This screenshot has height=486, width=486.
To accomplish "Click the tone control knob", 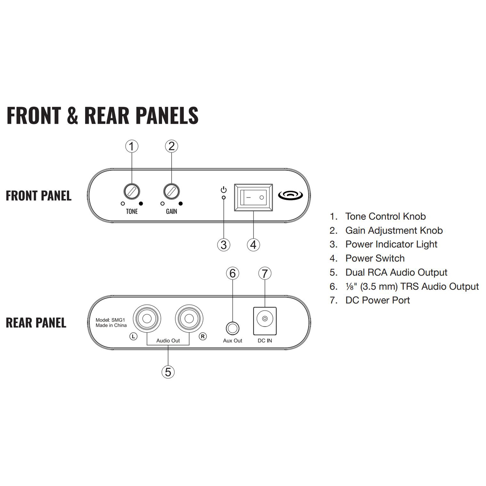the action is (x=132, y=191).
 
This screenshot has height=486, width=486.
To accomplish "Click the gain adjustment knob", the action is (x=172, y=191).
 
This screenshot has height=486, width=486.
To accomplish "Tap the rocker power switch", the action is (x=254, y=197).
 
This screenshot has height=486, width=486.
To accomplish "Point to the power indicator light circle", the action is (x=224, y=197).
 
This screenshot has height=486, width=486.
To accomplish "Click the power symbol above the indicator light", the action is (x=224, y=190).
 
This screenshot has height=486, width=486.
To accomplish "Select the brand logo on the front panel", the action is (x=290, y=196).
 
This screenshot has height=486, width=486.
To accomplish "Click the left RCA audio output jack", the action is (x=147, y=318).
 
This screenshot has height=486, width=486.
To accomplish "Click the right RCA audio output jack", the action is (x=189, y=318).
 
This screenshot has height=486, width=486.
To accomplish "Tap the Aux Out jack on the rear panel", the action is (x=232, y=329).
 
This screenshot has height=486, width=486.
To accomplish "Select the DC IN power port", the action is (x=265, y=321).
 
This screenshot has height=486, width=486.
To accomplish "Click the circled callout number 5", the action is (x=168, y=372).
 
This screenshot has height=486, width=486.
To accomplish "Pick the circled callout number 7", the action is (x=265, y=273).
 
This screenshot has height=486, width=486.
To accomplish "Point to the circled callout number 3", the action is (x=224, y=245).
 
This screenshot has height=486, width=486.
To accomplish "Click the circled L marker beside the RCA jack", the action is (x=133, y=336).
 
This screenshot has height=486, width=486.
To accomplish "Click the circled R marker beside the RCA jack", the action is (x=203, y=336).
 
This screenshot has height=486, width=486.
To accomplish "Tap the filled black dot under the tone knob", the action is (x=141, y=204).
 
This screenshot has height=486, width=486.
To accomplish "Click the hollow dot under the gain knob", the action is (x=163, y=204).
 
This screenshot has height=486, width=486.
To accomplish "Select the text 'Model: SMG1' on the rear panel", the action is (x=110, y=320).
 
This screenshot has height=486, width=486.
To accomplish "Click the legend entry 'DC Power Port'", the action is (x=377, y=300).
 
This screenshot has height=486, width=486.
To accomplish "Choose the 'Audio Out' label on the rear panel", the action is (x=168, y=341).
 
